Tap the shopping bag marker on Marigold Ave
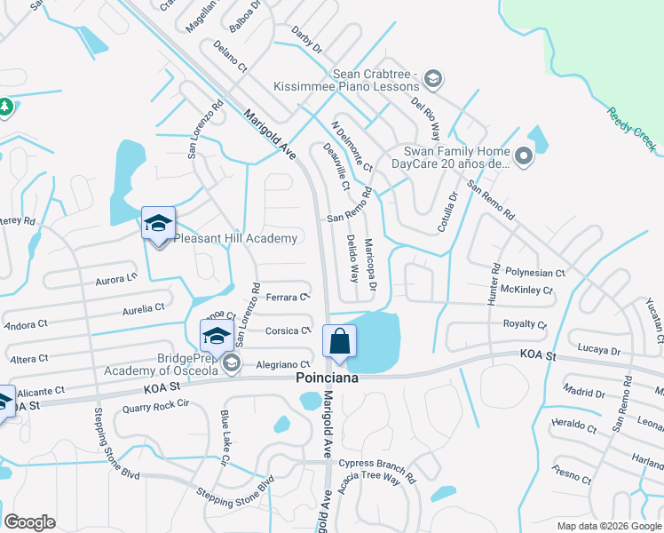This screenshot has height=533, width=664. point(340,341)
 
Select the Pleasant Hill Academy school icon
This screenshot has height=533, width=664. point(158,224)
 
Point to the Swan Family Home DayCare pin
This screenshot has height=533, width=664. point(523,158)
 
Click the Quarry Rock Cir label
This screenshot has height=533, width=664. point(157,404)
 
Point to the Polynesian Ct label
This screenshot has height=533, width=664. point(534,274)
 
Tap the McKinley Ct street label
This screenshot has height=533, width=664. point(526,290)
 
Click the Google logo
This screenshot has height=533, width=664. point(30,522)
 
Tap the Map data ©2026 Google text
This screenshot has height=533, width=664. point(608,526)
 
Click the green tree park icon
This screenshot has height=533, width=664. point(5,107)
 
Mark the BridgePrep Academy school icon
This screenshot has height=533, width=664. point(216,338)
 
